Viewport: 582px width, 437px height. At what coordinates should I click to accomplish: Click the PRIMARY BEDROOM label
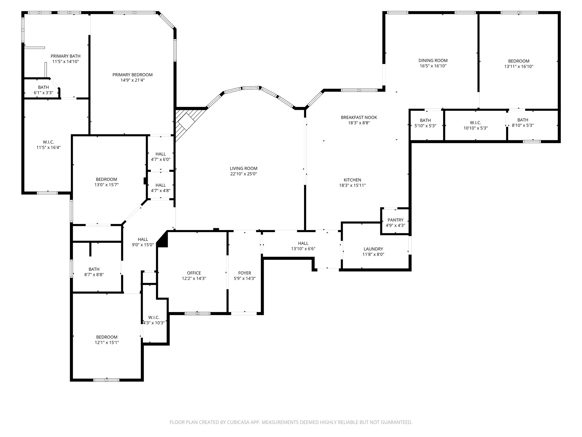tap(132, 75)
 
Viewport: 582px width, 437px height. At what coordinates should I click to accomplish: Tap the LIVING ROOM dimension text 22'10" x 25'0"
tap(244, 174)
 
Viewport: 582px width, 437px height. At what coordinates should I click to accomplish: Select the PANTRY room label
tap(395, 220)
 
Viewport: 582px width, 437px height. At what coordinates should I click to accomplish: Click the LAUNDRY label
tap(373, 249)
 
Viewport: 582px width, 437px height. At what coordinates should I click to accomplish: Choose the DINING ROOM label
tap(433, 61)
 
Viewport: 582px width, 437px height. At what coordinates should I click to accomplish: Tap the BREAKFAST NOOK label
tap(359, 118)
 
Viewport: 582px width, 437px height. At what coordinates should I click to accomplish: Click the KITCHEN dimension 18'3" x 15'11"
tap(352, 185)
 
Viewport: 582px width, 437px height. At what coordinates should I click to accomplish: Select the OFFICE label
tap(194, 273)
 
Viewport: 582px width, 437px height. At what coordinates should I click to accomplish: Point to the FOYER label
tap(244, 273)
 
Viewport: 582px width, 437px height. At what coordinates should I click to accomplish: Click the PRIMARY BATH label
tap(65, 56)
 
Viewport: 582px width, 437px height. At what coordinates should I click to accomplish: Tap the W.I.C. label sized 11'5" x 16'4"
tap(48, 142)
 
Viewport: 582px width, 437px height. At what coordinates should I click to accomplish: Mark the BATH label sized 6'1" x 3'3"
tap(43, 87)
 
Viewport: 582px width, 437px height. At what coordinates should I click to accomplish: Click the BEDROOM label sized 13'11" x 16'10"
tap(519, 61)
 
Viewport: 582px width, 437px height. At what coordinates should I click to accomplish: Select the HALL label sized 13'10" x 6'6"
tap(303, 243)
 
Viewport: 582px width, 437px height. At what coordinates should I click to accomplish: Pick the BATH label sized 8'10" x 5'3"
tap(523, 120)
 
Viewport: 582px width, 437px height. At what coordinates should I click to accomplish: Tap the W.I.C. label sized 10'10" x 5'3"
tap(475, 123)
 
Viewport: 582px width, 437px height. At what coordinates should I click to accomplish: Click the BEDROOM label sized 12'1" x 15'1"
tap(107, 337)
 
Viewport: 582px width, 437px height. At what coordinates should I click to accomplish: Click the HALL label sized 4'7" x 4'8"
tap(161, 185)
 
